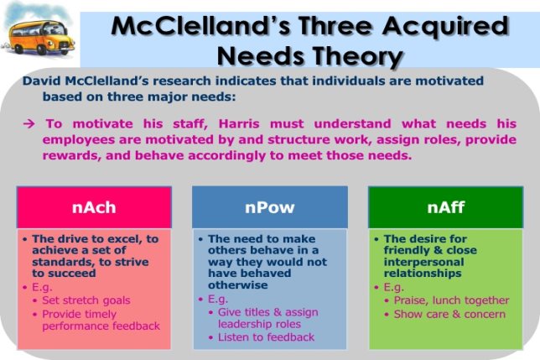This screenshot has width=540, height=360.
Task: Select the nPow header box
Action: [x=269, y=206]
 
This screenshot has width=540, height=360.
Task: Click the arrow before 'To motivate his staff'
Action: [x=29, y=123]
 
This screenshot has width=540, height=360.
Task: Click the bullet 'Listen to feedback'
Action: [x=266, y=337]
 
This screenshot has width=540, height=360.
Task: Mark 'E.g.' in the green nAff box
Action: [x=392, y=286]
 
